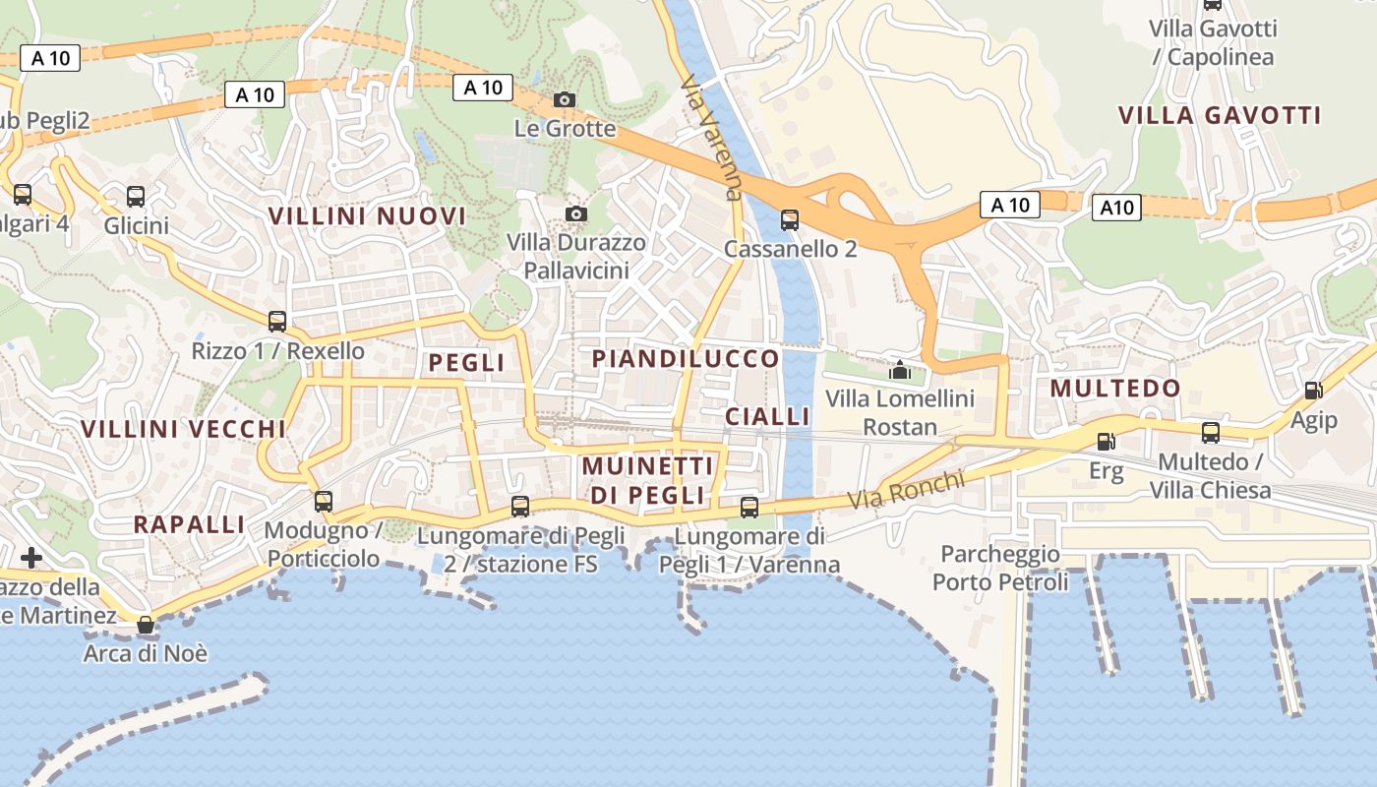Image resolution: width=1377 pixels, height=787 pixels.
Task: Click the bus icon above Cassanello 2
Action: click(x=789, y=219)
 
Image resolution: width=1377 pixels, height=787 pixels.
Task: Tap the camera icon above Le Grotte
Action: click(x=565, y=99)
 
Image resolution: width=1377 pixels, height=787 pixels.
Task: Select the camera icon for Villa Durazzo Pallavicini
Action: click(x=577, y=213)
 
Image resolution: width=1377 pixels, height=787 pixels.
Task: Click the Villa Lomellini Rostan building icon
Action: click(x=899, y=371)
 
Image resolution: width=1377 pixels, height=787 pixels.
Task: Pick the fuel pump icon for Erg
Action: click(x=1106, y=442)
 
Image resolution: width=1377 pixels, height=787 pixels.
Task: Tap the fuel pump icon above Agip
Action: click(x=1313, y=391)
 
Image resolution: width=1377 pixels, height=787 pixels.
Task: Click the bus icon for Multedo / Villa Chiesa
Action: click(x=1210, y=433)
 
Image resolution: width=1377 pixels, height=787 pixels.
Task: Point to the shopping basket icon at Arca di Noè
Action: click(x=146, y=625)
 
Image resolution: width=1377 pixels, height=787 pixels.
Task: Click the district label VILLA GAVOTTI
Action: click(x=1219, y=115)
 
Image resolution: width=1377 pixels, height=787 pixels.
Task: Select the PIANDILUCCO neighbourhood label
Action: click(x=686, y=359)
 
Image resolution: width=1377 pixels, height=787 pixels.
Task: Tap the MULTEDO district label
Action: click(x=1114, y=389)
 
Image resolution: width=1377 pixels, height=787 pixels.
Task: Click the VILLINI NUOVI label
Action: click(x=367, y=216)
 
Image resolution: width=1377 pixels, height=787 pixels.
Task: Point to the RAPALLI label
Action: click(x=188, y=524)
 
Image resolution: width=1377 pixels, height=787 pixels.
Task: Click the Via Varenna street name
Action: click(x=710, y=138)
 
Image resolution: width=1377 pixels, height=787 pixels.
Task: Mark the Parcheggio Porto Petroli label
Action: click(x=999, y=568)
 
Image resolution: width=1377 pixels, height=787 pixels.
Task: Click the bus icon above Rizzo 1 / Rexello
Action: click(x=277, y=321)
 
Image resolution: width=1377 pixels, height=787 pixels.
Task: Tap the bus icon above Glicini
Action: click(x=136, y=197)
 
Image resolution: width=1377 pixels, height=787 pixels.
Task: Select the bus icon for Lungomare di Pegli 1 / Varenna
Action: click(x=749, y=508)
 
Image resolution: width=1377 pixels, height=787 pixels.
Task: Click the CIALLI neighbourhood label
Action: click(x=767, y=416)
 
